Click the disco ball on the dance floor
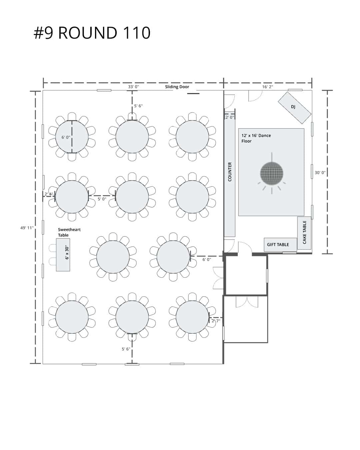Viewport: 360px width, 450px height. coord(271,173)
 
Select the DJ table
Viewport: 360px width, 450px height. coord(294,108)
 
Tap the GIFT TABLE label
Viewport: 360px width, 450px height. coord(278,244)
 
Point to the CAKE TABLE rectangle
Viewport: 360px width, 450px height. coord(304,233)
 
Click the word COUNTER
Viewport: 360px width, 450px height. coord(230,172)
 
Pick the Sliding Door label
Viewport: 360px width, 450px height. coord(177,87)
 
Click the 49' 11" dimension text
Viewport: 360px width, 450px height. coord(27,228)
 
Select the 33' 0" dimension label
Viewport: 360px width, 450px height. coord(133,87)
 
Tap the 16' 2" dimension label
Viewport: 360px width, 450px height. coord(268,87)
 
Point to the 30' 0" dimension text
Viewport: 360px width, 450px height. coord(320,173)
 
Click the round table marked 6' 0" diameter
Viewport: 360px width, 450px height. coord(72,137)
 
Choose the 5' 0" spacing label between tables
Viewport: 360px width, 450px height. coord(102,199)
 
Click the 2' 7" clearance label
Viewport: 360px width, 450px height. coord(216,321)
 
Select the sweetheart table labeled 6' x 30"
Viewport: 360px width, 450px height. coord(63,255)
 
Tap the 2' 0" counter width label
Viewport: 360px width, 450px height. coord(230,117)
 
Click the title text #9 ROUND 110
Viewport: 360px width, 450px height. coord(92,33)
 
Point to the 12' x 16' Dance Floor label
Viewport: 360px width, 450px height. coord(256,138)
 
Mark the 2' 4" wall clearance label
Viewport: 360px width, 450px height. coord(49,194)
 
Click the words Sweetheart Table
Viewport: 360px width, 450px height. coord(69,232)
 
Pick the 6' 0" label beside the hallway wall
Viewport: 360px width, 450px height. coord(207,260)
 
